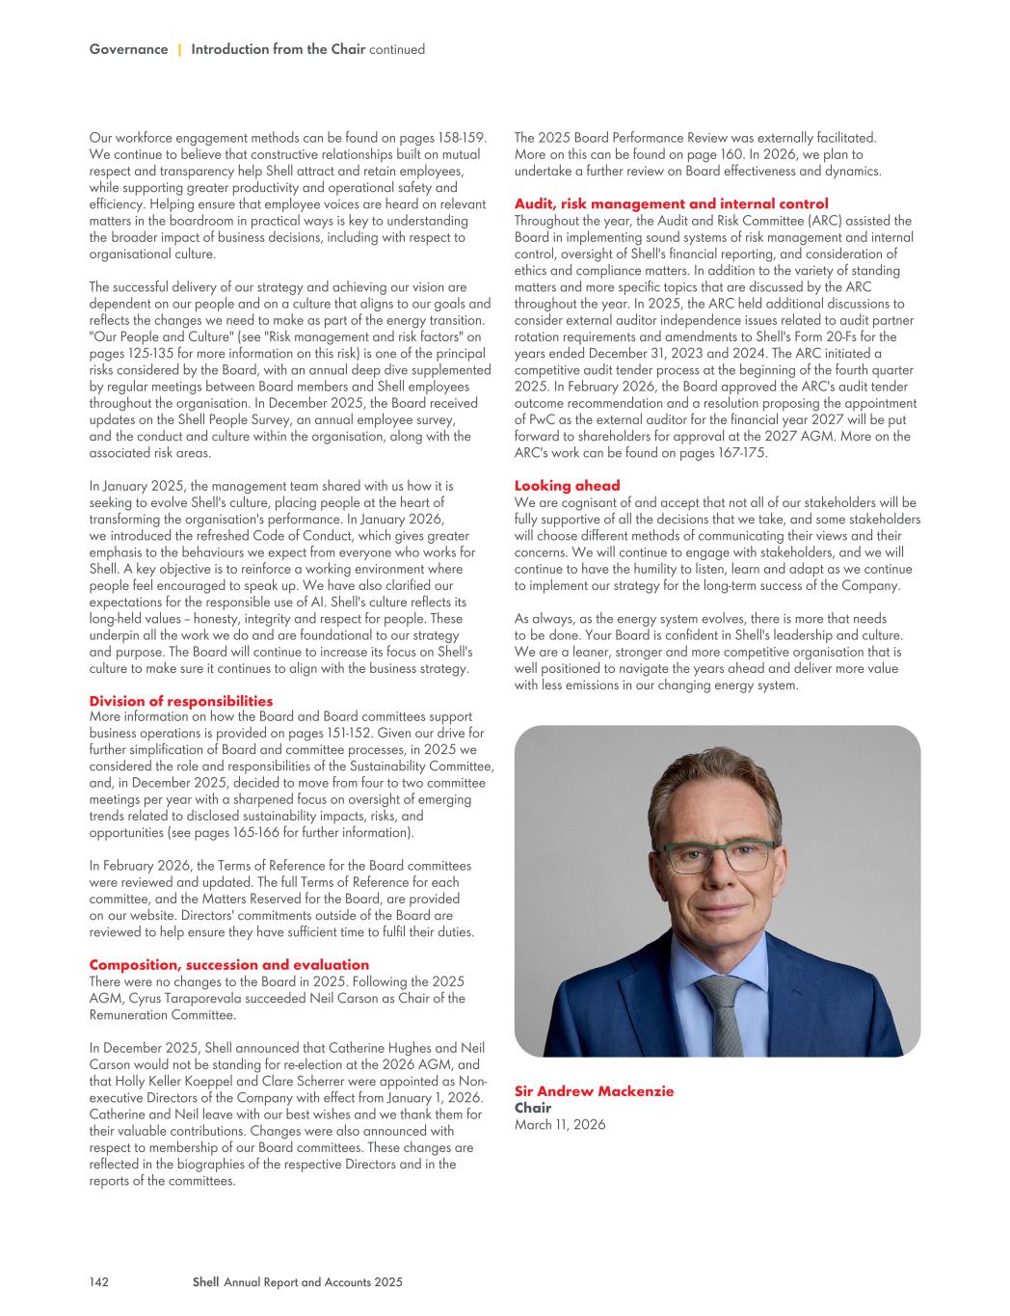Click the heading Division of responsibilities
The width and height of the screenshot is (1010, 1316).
click(x=180, y=701)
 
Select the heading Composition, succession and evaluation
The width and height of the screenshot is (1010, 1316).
click(x=228, y=964)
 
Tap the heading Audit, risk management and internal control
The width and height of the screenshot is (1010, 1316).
click(x=671, y=203)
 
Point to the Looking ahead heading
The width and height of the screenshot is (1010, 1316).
click(x=567, y=485)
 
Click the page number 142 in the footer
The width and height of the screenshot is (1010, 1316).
click(x=98, y=1281)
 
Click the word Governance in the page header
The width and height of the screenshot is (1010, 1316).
click(x=128, y=49)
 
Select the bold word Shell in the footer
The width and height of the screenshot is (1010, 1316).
click(x=205, y=1281)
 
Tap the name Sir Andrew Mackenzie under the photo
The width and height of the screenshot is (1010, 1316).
click(x=594, y=1090)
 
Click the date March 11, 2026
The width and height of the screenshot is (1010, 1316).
click(x=560, y=1124)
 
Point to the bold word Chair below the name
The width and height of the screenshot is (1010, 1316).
click(x=532, y=1108)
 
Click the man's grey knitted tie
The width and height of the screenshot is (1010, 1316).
click(x=720, y=1012)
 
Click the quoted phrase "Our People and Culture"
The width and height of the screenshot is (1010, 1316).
click(x=160, y=336)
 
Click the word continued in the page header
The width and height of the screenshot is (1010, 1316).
click(x=397, y=49)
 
